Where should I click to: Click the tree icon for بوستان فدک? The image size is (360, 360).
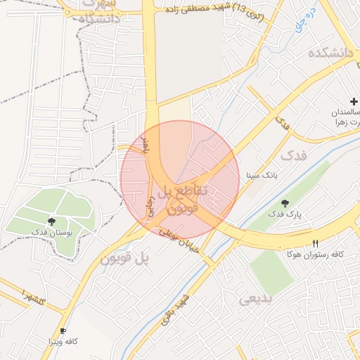coord(54,221)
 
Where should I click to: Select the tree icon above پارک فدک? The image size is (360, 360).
coord(283,203)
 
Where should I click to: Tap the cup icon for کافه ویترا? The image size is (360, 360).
coord(63,331)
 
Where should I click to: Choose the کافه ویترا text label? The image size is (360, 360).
coord(63,342)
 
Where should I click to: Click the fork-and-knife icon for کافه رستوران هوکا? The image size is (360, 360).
coord(315,243)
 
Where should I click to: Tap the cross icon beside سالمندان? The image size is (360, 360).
coord(353,102)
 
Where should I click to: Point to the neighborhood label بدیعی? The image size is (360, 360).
coord(255,300)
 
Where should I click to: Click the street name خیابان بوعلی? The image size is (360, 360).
coord(179,241)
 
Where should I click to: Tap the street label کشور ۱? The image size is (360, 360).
coord(32,296)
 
